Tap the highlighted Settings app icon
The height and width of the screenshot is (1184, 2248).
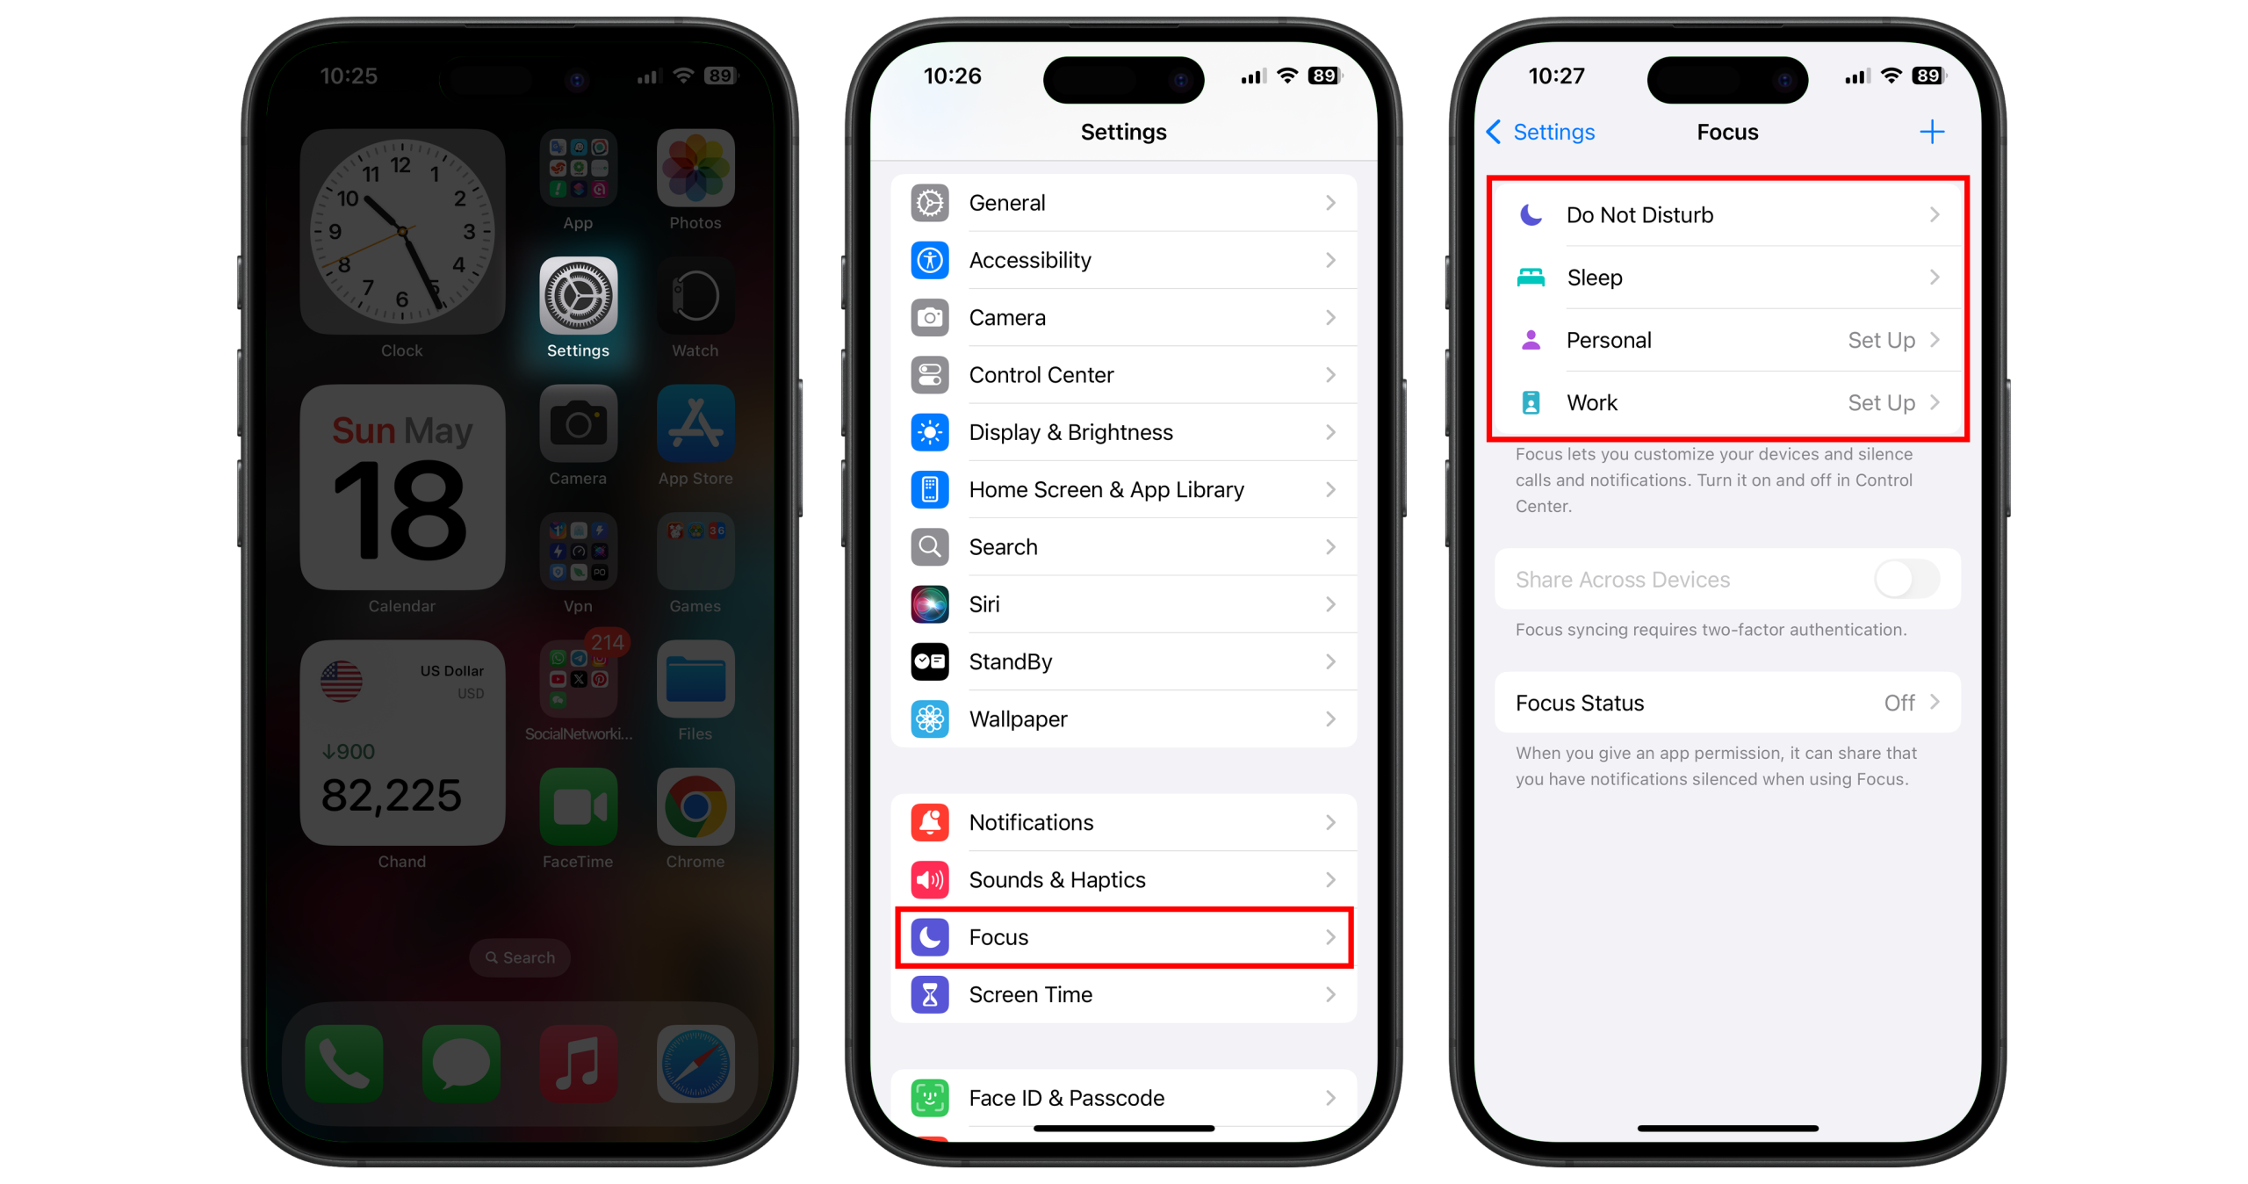pyautogui.click(x=578, y=296)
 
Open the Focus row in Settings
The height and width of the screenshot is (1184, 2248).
pyautogui.click(x=1123, y=937)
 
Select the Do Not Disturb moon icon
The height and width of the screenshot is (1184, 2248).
pyautogui.click(x=1531, y=215)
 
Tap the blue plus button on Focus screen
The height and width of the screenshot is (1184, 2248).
pyautogui.click(x=1932, y=133)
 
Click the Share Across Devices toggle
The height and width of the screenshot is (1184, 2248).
pyautogui.click(x=1906, y=580)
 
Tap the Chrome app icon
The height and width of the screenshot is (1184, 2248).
pyautogui.click(x=695, y=806)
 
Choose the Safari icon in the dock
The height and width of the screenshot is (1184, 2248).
pyautogui.click(x=695, y=1064)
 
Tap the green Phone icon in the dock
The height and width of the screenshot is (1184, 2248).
pyautogui.click(x=344, y=1064)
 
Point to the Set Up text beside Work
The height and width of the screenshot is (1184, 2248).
pyautogui.click(x=1881, y=403)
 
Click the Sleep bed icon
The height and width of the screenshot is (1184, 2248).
pyautogui.click(x=1531, y=278)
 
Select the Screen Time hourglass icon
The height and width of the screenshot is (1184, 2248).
pyautogui.click(x=930, y=995)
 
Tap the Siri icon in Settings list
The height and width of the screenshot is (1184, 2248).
pyautogui.click(x=930, y=604)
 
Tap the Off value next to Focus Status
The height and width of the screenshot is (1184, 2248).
pyautogui.click(x=1899, y=703)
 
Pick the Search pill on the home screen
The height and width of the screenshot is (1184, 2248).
pyautogui.click(x=520, y=957)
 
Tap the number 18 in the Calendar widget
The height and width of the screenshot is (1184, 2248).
pyautogui.click(x=400, y=512)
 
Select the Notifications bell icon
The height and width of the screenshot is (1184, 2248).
pyautogui.click(x=930, y=823)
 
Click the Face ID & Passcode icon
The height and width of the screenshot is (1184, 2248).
pyautogui.click(x=930, y=1098)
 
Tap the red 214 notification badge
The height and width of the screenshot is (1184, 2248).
pyautogui.click(x=607, y=643)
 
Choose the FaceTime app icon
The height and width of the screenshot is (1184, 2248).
pyautogui.click(x=578, y=806)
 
